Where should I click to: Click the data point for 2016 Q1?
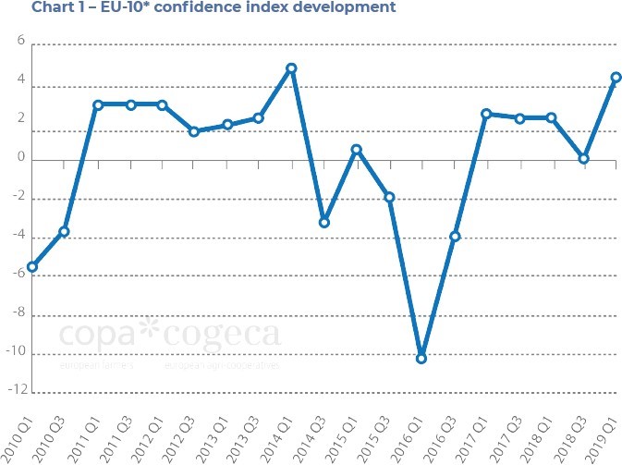click(421, 358)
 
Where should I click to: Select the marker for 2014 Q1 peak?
click(291, 68)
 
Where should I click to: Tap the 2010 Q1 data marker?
click(32, 267)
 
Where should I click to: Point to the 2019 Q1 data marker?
click(616, 78)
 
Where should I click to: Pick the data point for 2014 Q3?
click(324, 223)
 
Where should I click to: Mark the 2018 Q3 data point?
click(584, 159)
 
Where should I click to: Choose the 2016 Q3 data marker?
click(455, 237)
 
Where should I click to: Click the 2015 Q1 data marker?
click(357, 150)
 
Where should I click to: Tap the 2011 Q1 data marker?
click(97, 104)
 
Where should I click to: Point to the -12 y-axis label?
click(14, 392)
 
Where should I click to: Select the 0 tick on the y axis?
click(19, 159)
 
